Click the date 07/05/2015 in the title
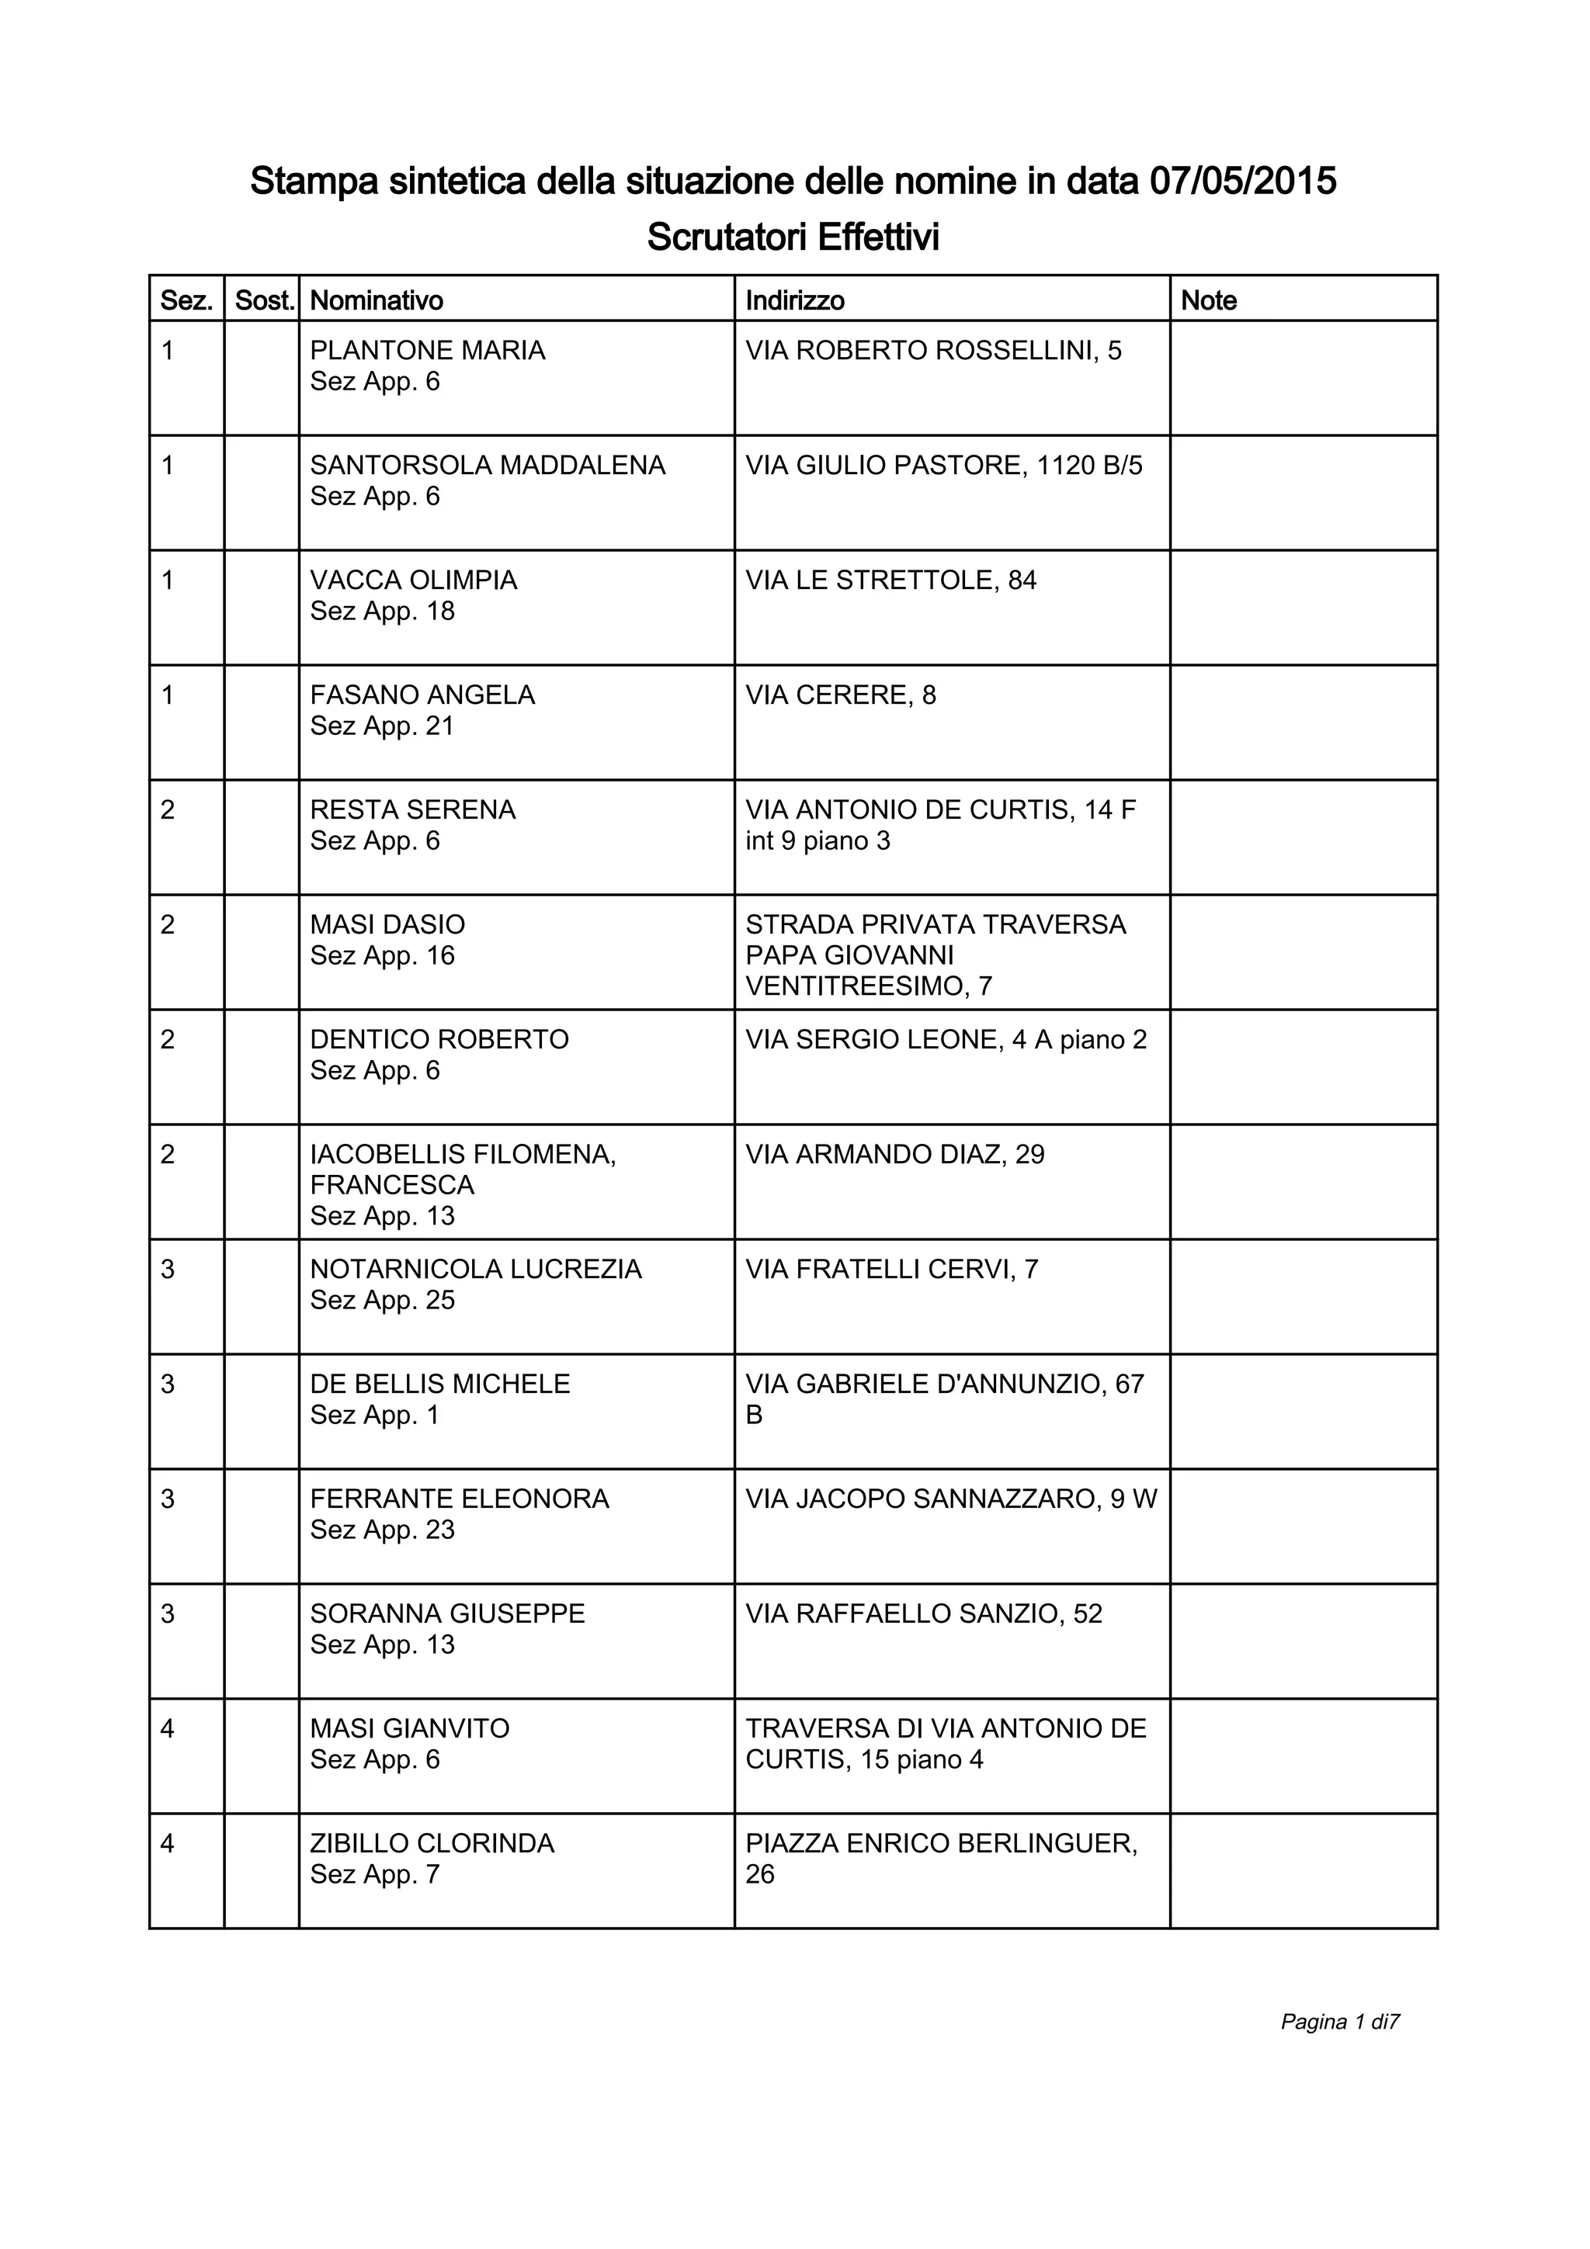point(1242,182)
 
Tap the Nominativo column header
point(377,300)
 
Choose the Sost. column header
point(265,300)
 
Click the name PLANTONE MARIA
point(427,351)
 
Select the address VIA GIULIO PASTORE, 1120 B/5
point(943,466)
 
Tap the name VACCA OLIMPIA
point(414,580)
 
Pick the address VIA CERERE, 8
point(841,695)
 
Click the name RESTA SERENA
point(412,810)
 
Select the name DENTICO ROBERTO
point(439,1039)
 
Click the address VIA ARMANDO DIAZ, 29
point(894,1155)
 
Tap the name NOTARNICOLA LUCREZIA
point(475,1270)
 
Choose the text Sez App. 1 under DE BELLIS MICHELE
point(374,1416)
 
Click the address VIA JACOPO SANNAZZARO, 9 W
point(951,1499)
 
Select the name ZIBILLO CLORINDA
point(432,1843)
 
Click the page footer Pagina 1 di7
point(1339,2022)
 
